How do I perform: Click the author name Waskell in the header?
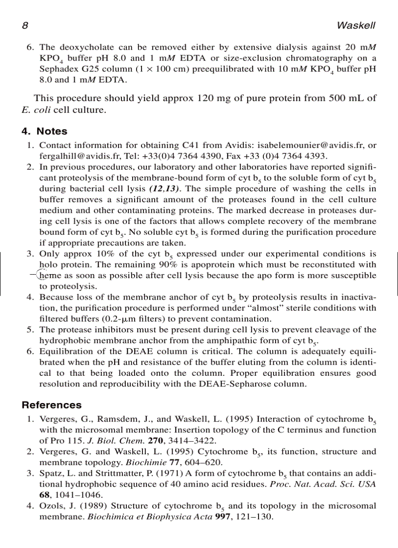pyautogui.click(x=358, y=25)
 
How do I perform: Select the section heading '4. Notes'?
pyautogui.click(x=44, y=131)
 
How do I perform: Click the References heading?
pyautogui.click(x=52, y=405)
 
